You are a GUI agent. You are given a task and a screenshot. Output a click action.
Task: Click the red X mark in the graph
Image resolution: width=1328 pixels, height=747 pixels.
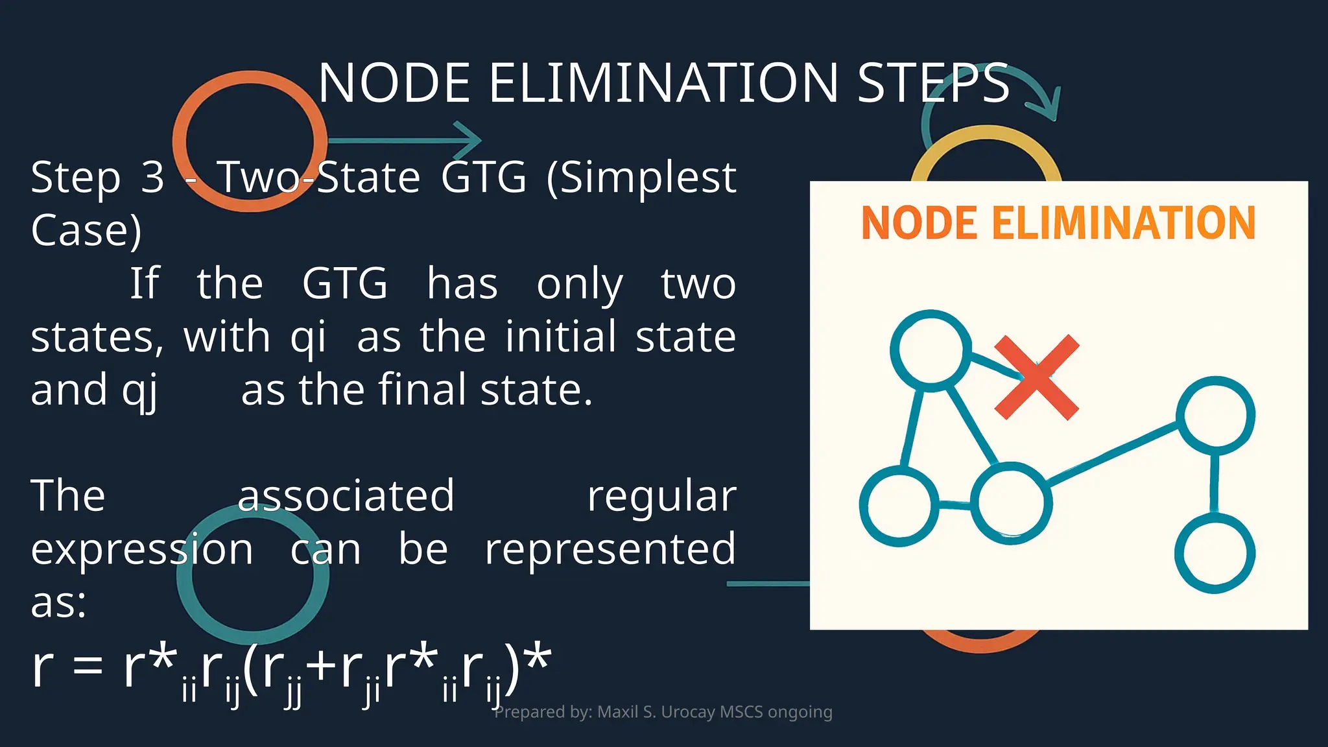1036,377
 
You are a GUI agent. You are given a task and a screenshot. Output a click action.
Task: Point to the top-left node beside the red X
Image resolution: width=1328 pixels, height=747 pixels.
931,350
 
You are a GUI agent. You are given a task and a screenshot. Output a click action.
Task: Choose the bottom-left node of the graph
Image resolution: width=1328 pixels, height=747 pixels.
899,506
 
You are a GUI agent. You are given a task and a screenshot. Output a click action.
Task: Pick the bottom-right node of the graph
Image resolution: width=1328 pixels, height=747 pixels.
1215,553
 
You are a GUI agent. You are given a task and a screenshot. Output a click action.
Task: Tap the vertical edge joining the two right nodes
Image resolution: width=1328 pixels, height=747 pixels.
1215,483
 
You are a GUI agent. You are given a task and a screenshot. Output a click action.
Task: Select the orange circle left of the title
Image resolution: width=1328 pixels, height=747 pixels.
250,141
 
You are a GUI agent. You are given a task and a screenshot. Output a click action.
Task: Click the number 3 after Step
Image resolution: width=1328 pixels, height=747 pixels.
152,176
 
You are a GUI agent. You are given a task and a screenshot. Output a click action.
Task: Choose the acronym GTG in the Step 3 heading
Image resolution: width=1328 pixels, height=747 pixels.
483,176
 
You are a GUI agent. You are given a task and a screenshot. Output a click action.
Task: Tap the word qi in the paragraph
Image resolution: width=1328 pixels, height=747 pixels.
308,337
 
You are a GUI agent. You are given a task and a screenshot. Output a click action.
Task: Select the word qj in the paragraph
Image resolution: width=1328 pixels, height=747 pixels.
139,390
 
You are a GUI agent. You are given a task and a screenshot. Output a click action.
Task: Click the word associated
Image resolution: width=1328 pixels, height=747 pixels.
346,496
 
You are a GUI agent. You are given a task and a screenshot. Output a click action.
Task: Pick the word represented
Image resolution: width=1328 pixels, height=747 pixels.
610,549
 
